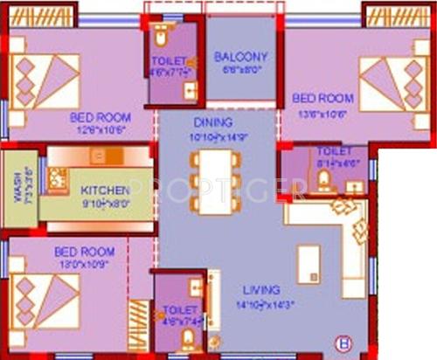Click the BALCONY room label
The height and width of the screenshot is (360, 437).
240,57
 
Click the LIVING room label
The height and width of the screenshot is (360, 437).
261,289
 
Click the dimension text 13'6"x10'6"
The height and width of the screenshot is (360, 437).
323,113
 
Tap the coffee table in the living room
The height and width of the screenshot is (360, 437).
309,264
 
